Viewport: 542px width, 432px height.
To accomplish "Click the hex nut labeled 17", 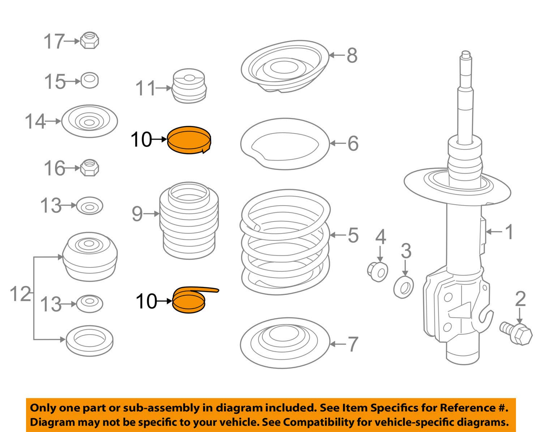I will click(x=89, y=40).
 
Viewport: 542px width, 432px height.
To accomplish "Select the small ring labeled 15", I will click(x=89, y=80).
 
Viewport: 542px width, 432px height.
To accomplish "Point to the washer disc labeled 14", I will click(x=89, y=121).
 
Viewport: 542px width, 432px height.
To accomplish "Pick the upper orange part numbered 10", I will click(x=190, y=140).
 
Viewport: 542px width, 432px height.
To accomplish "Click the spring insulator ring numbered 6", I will click(x=285, y=144).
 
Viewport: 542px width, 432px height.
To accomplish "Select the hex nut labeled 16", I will click(x=89, y=168).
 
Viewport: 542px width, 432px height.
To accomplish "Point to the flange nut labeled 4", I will click(x=377, y=272).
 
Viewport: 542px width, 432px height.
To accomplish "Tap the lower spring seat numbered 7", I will click(x=285, y=343).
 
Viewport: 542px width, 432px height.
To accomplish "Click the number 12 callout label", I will click(x=20, y=294).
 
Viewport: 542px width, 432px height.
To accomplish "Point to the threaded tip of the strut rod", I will click(x=465, y=56).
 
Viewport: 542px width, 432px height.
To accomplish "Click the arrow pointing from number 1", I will click(x=495, y=231).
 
